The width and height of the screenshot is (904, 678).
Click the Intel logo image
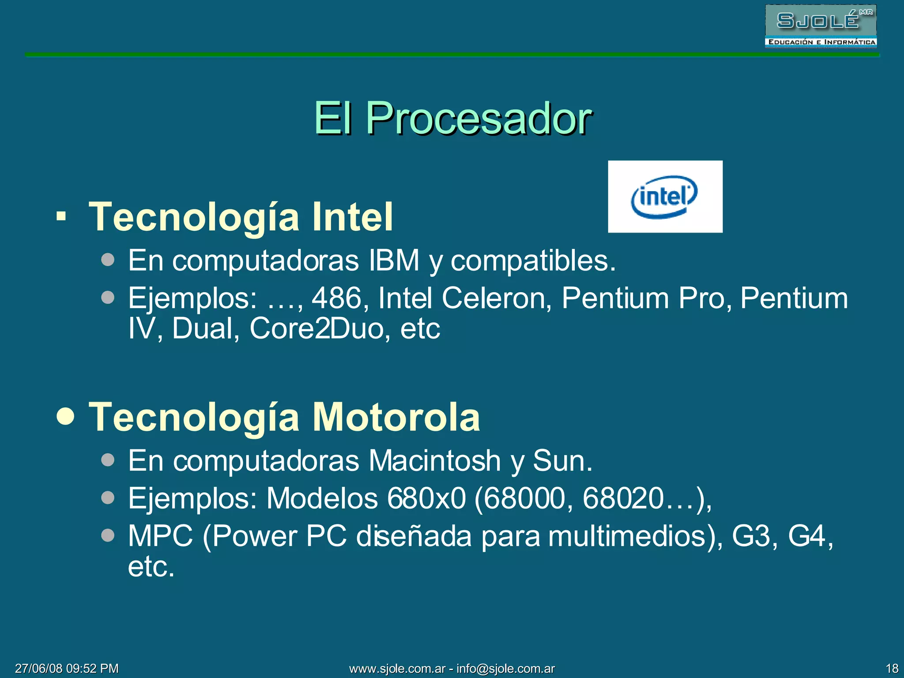click(x=665, y=196)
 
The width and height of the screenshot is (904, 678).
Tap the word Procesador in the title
click(x=478, y=118)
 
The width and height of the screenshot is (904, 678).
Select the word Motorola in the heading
click(x=396, y=417)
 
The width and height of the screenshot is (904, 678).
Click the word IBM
click(x=394, y=260)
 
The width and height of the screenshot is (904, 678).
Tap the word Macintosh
click(x=434, y=461)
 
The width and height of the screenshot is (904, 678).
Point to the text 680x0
click(x=426, y=498)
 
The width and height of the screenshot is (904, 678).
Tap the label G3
click(x=750, y=536)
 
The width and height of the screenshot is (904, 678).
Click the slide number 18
click(x=892, y=668)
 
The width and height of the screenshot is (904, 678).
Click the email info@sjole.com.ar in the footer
click(x=505, y=668)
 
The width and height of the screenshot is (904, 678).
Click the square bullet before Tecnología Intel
click(x=61, y=217)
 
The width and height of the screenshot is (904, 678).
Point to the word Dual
click(x=203, y=329)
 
